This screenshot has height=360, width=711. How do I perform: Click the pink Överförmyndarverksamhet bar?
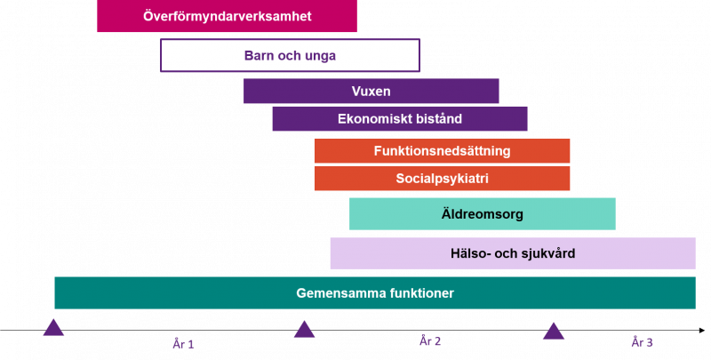227,16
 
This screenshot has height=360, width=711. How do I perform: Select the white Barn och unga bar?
290,55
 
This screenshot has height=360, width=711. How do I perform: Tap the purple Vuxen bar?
371,92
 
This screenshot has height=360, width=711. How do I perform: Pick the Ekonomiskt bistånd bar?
399,119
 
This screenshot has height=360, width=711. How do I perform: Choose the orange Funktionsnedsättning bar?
442,150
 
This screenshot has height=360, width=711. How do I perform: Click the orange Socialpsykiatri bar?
442,178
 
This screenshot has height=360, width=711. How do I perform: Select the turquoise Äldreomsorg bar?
482,213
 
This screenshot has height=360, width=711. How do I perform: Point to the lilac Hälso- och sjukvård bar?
513,253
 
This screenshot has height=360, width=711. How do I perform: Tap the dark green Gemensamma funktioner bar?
375,293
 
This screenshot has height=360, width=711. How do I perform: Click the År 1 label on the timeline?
183,344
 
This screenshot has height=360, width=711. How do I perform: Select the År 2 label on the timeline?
430,341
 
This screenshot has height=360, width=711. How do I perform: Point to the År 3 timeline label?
642,342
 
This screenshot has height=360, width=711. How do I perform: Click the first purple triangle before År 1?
53,327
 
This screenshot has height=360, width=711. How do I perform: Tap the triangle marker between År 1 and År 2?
304,329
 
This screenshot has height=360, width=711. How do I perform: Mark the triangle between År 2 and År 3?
554,331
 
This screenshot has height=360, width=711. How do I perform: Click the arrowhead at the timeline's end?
702,331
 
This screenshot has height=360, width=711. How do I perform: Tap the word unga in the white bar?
320,56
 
